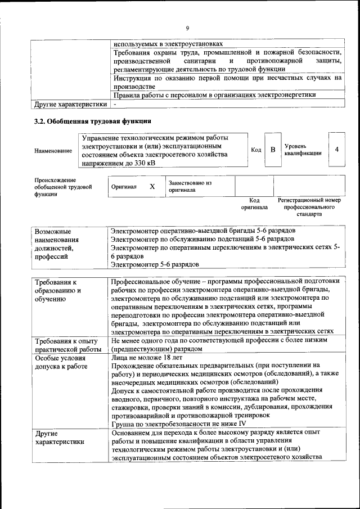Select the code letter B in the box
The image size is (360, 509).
point(273,150)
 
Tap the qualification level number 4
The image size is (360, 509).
point(336,150)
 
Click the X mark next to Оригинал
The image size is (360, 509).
point(152,186)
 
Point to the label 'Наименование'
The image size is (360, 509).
point(53,151)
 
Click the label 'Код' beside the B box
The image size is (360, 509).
point(256,150)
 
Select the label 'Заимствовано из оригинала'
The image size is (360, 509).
point(190,186)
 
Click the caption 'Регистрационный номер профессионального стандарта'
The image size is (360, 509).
point(309,207)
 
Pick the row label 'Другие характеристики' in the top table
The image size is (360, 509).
point(70,104)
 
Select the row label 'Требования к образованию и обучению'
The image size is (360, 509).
point(58,290)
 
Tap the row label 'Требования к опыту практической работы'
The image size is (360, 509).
point(66,345)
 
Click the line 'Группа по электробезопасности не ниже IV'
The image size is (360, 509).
point(178,424)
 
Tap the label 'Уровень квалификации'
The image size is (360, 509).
point(303,150)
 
